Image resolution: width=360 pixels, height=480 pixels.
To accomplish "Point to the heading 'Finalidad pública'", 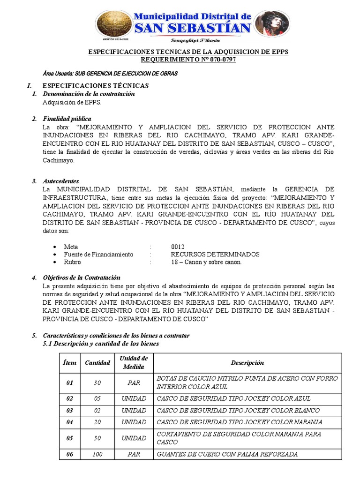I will pyautogui.click(x=67, y=119).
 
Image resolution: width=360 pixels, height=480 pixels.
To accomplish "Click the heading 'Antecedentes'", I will pyautogui.click(x=60, y=181).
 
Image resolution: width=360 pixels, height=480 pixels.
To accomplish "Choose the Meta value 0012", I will pyautogui.click(x=178, y=247).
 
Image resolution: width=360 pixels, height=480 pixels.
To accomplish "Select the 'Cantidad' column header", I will pyautogui.click(x=97, y=363).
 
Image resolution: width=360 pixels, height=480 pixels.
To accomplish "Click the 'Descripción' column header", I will pyautogui.click(x=247, y=363).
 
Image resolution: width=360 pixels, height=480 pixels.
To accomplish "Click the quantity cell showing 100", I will pyautogui.click(x=97, y=454).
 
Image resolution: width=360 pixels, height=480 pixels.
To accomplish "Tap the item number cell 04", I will pyautogui.click(x=70, y=422).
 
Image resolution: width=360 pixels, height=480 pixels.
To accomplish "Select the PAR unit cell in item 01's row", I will pyautogui.click(x=134, y=383).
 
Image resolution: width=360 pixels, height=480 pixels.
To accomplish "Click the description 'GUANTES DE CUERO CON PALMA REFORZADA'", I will pyautogui.click(x=227, y=454).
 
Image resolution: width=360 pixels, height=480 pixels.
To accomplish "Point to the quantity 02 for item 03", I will pyautogui.click(x=97, y=410).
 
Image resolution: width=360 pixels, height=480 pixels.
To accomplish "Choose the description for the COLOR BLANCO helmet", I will pyautogui.click(x=238, y=410).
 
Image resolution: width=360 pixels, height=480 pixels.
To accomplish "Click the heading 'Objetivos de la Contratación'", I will pyautogui.click(x=82, y=277).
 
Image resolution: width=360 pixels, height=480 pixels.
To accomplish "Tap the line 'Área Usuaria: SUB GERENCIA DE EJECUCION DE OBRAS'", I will pyautogui.click(x=110, y=74).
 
